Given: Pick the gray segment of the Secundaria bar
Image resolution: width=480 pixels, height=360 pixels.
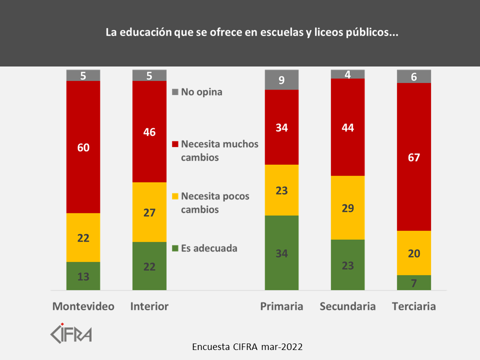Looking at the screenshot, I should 348,74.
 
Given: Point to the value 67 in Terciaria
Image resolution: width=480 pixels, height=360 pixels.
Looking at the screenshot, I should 414,158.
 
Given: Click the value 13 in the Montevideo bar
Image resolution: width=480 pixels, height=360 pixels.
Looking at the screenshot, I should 83,276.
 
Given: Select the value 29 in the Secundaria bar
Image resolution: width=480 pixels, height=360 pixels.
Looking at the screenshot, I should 348,208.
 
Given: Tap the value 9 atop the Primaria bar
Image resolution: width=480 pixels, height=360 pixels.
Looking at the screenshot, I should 281,80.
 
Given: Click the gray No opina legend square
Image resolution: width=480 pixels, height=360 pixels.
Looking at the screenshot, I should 174,92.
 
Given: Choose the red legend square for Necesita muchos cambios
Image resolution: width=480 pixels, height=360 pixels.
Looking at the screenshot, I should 174,144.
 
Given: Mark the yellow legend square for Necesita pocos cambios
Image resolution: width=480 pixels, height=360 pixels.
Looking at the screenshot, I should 174,196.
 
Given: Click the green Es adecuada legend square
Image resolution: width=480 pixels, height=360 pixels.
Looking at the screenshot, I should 174,248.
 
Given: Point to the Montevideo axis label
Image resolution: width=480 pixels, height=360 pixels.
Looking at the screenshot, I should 83,306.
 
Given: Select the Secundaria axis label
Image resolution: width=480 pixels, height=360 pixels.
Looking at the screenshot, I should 348,306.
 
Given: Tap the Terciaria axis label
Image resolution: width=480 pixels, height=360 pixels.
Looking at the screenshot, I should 414,306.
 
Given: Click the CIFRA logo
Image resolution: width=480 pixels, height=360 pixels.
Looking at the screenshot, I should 71,333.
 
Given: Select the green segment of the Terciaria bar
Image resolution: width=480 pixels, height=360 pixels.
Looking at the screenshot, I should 414,282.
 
